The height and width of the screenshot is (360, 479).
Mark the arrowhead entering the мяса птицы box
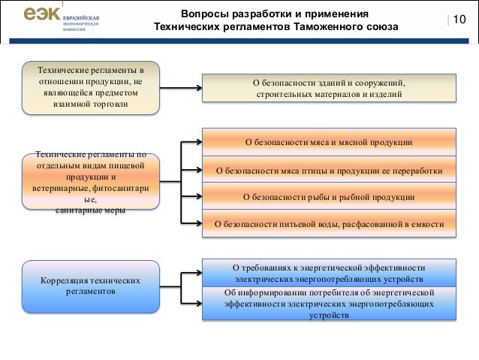(199, 170)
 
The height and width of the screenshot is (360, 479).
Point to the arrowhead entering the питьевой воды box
(199, 224)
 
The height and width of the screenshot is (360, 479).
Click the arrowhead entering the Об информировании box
(199, 303)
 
